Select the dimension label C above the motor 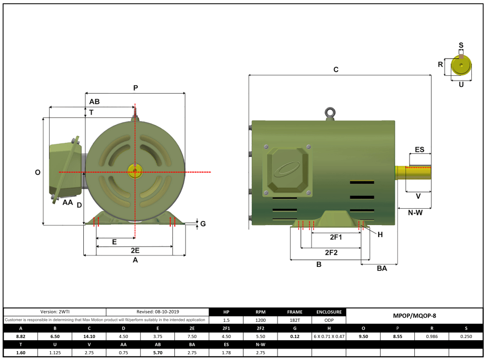tap(336, 70)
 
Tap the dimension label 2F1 tap(336, 237)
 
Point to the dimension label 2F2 tap(331, 252)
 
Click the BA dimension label tap(382, 268)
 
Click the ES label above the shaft tap(419, 150)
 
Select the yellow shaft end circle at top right tap(461, 65)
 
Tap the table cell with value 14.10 tap(90, 336)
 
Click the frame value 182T tap(295, 320)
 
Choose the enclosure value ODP tap(329, 320)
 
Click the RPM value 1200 tap(260, 320)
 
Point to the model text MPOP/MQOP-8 tap(414, 316)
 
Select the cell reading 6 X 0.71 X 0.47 tap(329, 336)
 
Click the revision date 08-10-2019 tap(157, 312)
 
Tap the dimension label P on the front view tap(135, 88)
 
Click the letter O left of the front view tap(38, 172)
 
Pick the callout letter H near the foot tap(380, 234)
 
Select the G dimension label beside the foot tap(203, 224)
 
